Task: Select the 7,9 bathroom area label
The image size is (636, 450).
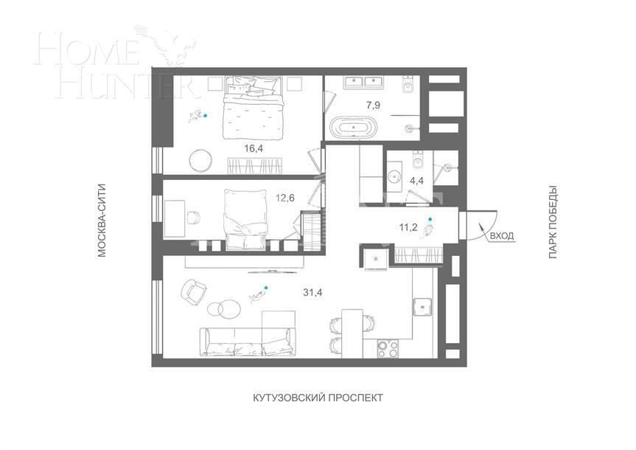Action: tap(374, 105)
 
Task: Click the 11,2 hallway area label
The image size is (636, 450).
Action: tap(408, 227)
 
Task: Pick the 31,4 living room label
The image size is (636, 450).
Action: tap(312, 292)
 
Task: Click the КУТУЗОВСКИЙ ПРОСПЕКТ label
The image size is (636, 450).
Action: tap(318, 398)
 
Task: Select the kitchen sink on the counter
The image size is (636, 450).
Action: tap(423, 305)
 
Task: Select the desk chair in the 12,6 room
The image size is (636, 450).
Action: tap(193, 217)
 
